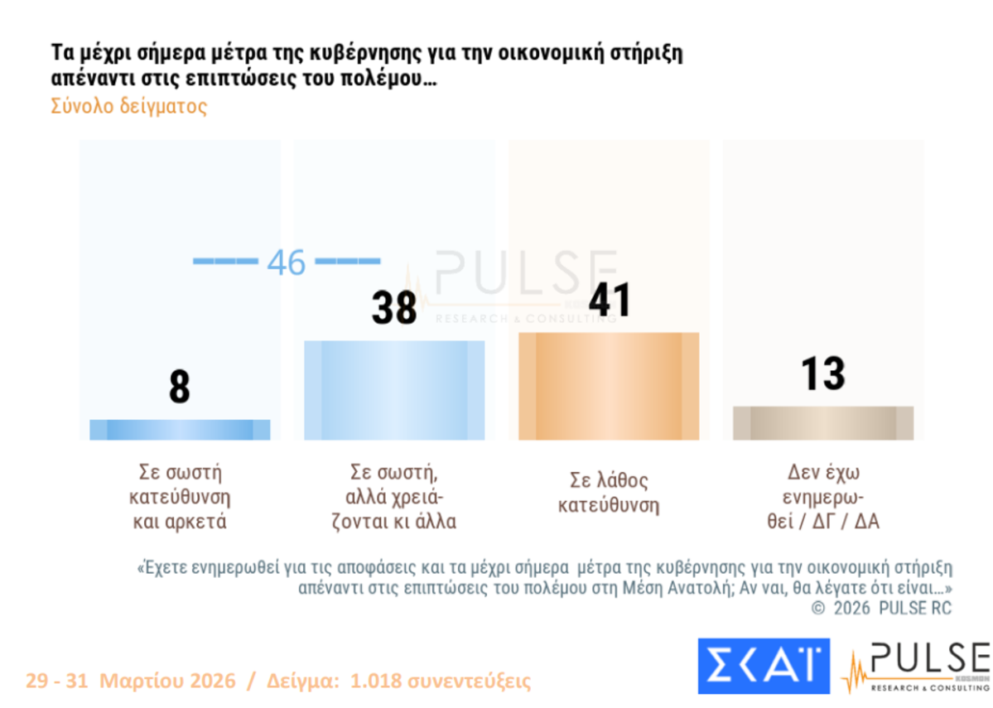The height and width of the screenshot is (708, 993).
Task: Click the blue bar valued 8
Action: pos(180,429)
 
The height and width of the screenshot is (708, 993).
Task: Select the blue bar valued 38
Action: pos(394,389)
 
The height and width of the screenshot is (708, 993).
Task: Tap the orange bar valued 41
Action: pos(608,386)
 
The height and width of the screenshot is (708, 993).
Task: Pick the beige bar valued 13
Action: pos(823,423)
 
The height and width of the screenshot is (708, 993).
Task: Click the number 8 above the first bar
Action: pos(180,386)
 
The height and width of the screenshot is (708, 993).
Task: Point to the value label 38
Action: pos(393,307)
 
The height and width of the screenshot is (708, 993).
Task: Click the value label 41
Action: pos(609,299)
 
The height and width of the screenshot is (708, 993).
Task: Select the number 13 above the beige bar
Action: pos(823,374)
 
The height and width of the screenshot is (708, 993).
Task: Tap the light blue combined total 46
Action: pos(287,262)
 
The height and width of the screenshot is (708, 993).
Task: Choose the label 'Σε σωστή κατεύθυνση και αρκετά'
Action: pos(180,498)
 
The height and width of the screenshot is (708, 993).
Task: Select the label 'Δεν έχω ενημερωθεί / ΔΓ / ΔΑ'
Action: pos(823,497)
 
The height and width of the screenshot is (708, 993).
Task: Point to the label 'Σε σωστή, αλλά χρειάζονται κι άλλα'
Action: pos(394,498)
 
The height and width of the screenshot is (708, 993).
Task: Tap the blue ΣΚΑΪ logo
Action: pos(764,665)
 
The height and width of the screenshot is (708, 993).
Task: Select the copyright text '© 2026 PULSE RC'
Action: pos(882,608)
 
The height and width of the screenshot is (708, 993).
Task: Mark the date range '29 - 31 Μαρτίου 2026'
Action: pos(131,682)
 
